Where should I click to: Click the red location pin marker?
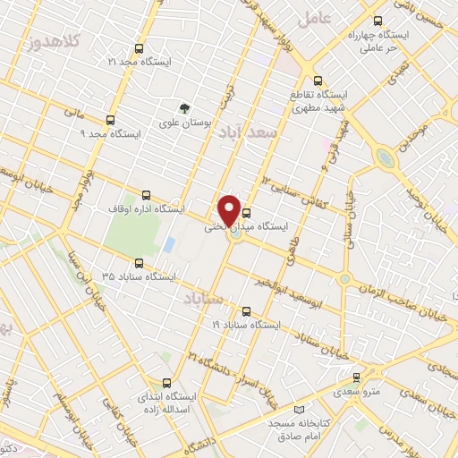[230, 210]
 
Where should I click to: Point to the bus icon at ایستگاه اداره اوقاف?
[146, 194]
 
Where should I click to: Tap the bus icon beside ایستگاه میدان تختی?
[247, 213]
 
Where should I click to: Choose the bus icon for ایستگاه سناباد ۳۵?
[139, 263]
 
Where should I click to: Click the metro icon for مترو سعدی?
[357, 377]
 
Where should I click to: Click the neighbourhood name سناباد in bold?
[203, 296]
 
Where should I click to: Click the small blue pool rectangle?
[169, 244]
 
